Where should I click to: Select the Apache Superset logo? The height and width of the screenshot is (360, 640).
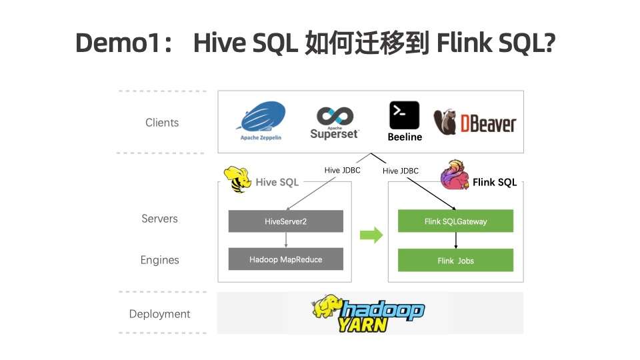tap(335, 122)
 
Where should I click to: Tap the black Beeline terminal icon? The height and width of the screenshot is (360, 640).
tap(404, 115)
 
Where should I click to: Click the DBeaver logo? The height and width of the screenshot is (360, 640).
tap(475, 123)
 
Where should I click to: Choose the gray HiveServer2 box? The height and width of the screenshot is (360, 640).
tap(285, 221)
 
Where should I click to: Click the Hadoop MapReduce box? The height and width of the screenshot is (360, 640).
tap(285, 259)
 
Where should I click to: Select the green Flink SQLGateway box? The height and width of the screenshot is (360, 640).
tap(455, 221)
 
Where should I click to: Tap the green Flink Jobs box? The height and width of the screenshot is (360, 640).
tap(455, 260)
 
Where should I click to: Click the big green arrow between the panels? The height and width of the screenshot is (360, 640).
tap(371, 235)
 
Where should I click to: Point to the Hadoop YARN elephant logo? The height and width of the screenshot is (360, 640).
tap(368, 313)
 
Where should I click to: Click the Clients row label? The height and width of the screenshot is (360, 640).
tap(162, 123)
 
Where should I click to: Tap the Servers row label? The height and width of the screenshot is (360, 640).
tap(160, 219)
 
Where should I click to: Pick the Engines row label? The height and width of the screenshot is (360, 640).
tap(160, 260)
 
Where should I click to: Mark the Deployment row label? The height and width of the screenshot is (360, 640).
tap(160, 314)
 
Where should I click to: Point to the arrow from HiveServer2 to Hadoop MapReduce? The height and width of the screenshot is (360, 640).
tap(285, 240)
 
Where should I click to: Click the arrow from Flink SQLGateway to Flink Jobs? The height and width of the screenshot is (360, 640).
tap(455, 241)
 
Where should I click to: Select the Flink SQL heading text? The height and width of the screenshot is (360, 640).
tap(495, 182)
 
